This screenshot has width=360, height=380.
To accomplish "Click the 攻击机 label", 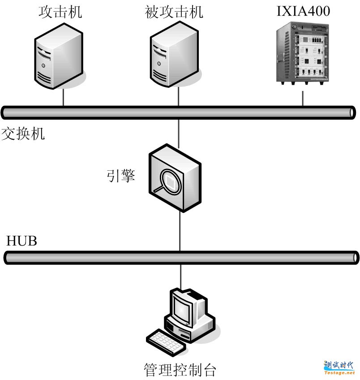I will pyautogui.click(x=60, y=12).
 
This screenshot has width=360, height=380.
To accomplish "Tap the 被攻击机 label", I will pyautogui.click(x=174, y=12).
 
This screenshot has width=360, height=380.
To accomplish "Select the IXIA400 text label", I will pyautogui.click(x=303, y=11).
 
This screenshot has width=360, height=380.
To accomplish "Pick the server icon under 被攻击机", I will pyautogui.click(x=175, y=57).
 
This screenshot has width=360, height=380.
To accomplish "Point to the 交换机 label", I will pyautogui.click(x=23, y=134).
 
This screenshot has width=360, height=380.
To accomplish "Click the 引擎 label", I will pyautogui.click(x=121, y=176).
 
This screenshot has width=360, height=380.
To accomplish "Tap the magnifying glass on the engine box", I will pyautogui.click(x=170, y=181).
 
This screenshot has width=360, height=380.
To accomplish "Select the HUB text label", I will pyautogui.click(x=21, y=241).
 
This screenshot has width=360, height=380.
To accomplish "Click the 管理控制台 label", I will pyautogui.click(x=180, y=370).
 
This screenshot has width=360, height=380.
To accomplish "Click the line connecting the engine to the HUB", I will pyautogui.click(x=180, y=231).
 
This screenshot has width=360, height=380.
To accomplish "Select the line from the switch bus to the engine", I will pyautogui.click(x=179, y=133).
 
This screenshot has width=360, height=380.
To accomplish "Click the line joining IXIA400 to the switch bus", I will pyautogui.click(x=303, y=99).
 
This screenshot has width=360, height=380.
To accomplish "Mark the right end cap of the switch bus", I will pyautogui.click(x=352, y=112).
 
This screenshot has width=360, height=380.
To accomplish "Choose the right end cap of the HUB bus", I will pyautogui.click(x=355, y=257).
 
